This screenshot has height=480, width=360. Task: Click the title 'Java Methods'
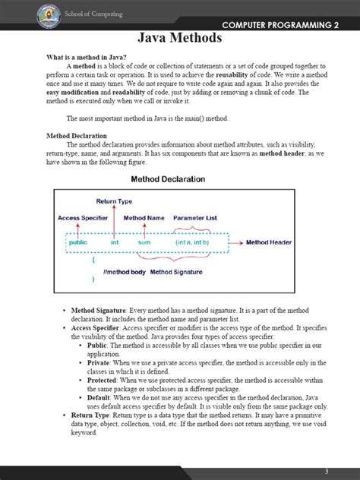[179, 38]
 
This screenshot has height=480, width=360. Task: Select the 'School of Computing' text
[93, 14]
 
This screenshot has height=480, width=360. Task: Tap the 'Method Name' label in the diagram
[144, 217]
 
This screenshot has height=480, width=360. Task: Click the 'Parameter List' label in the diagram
[194, 217]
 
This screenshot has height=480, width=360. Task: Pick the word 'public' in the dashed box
[78, 242]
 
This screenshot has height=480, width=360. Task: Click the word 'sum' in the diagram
[144, 242]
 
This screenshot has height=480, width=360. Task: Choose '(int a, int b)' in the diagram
[191, 242]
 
